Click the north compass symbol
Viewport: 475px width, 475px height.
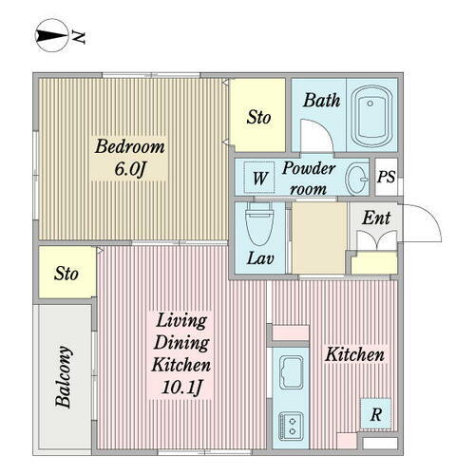51,35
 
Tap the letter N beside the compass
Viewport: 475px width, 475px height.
78,37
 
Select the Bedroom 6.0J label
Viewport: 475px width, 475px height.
129,158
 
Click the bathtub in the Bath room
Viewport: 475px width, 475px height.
371,116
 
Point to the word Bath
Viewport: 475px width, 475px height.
322,101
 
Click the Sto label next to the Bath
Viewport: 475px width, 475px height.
258,118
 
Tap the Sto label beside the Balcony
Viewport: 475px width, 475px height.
66,274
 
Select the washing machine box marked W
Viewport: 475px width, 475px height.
259,178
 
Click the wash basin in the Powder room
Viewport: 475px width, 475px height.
357,180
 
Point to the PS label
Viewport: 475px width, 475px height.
386,177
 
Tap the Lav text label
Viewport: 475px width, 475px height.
260,258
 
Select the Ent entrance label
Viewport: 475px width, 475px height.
376,218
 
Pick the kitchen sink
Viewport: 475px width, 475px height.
291,372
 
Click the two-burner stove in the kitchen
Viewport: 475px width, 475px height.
291,426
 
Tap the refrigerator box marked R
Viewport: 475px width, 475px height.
376,414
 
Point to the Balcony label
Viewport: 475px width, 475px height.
63,377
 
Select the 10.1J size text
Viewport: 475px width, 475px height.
181,387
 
